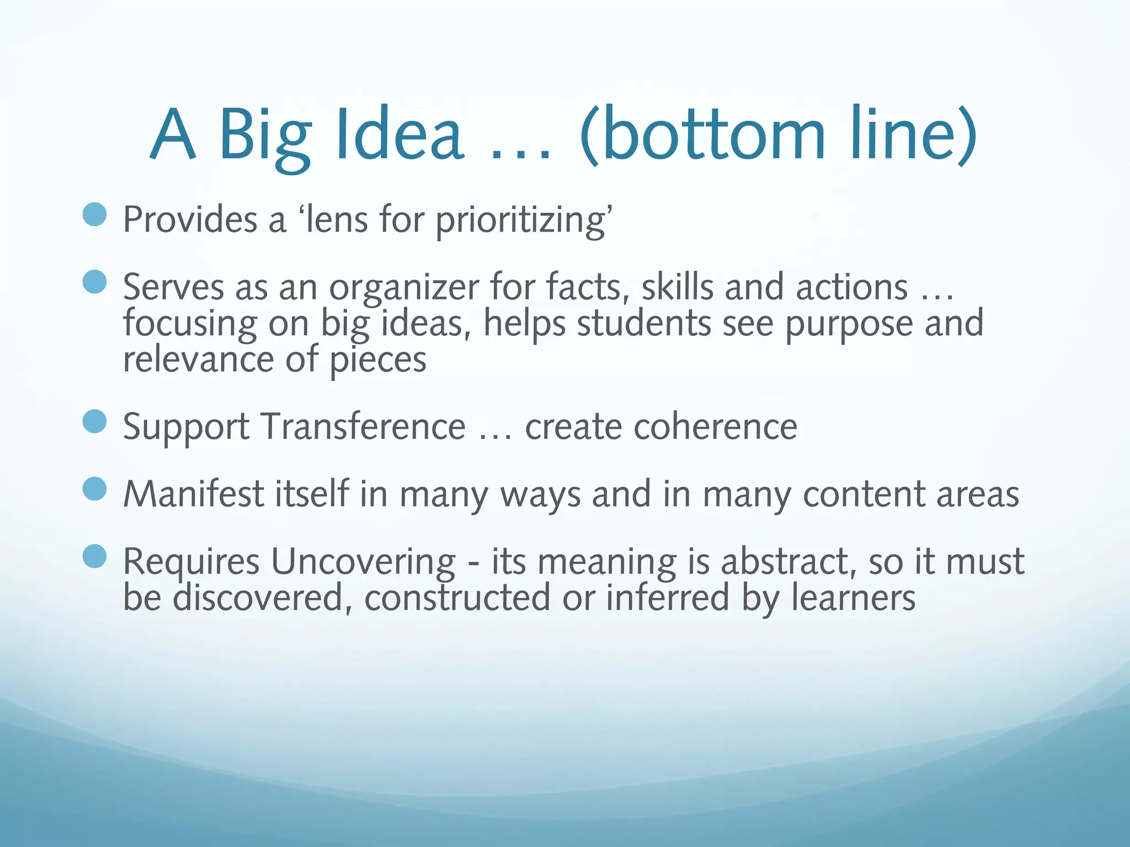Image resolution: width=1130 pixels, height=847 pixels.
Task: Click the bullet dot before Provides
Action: click(x=94, y=215)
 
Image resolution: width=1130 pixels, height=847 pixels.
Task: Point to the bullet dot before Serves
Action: click(x=94, y=282)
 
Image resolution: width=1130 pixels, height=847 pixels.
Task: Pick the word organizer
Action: click(x=404, y=288)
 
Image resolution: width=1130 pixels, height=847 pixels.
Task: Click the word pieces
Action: click(x=378, y=360)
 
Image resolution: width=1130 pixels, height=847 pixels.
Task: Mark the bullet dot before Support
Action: click(x=94, y=421)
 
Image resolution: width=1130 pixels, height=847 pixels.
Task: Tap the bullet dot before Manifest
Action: click(x=94, y=489)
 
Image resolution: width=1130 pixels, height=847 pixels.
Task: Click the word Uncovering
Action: click(x=363, y=562)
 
